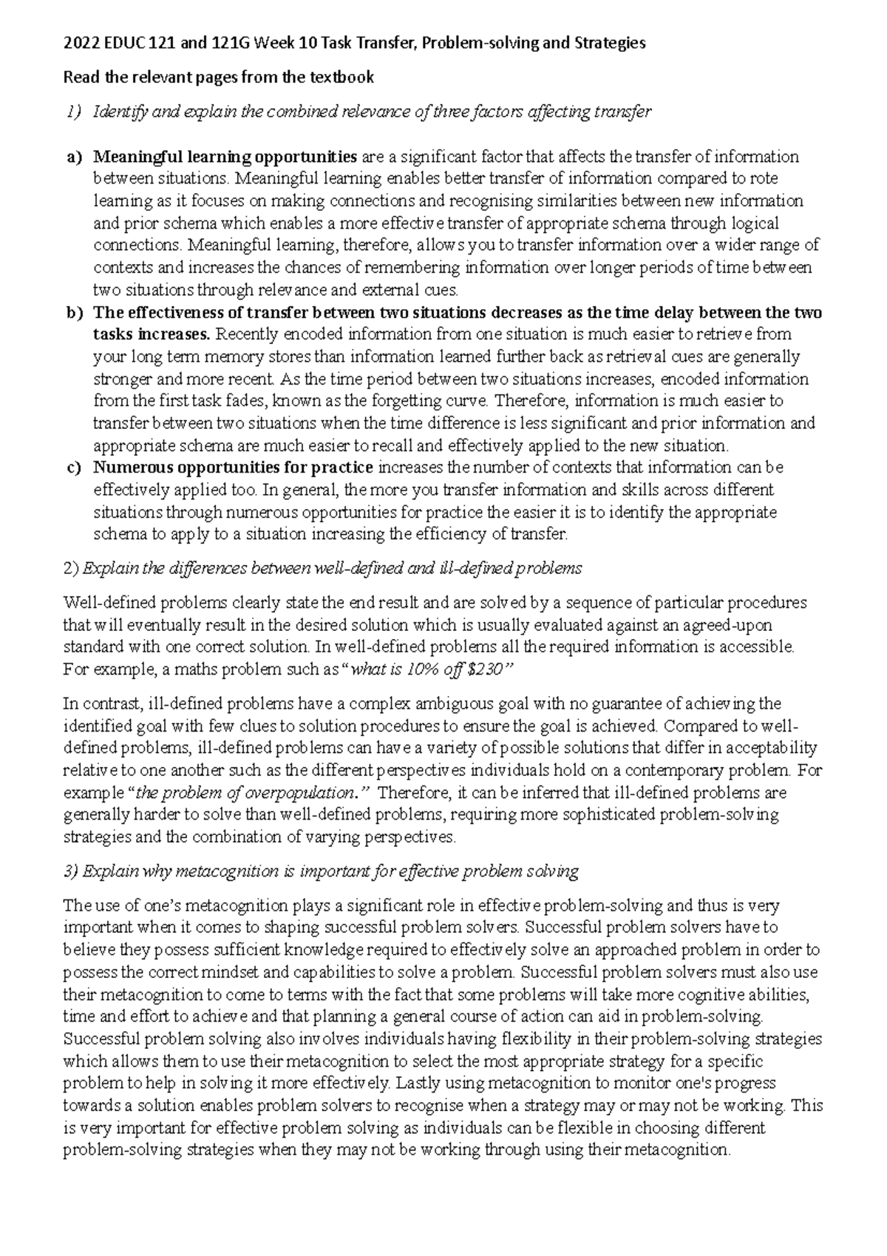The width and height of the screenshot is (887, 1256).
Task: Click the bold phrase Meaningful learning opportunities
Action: (225, 157)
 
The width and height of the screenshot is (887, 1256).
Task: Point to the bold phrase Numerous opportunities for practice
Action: (234, 467)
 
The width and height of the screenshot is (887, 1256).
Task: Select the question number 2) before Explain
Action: (71, 568)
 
